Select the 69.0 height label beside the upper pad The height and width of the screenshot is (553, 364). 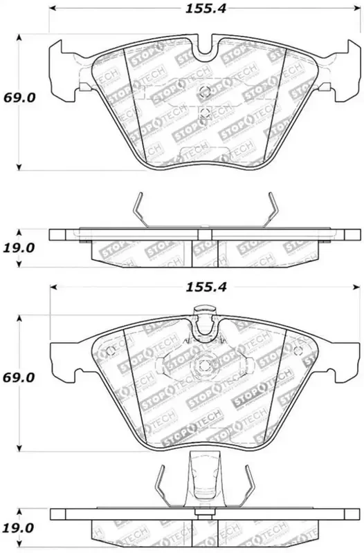tap(21, 99)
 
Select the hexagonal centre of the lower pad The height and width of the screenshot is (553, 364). tap(203, 367)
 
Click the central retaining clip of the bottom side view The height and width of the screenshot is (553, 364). tap(203, 477)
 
